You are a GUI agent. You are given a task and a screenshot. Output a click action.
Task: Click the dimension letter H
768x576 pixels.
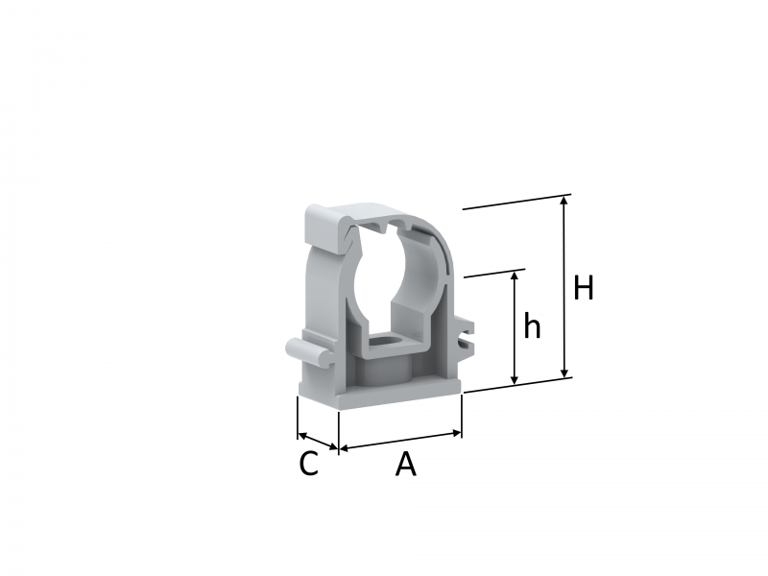pyautogui.click(x=584, y=287)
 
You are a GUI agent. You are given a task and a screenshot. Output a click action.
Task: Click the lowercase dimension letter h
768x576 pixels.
pyautogui.click(x=532, y=324)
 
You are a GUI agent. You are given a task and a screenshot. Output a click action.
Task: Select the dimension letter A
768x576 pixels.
pyautogui.click(x=405, y=464)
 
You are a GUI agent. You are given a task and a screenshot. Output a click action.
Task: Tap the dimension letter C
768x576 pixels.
pyautogui.click(x=308, y=464)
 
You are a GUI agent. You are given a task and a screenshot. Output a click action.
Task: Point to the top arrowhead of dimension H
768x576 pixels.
pyautogui.click(x=564, y=200)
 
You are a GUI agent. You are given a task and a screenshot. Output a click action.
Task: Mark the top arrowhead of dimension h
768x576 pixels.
pyautogui.click(x=515, y=276)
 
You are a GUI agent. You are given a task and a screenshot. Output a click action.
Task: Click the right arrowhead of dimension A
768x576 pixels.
pyautogui.click(x=458, y=433)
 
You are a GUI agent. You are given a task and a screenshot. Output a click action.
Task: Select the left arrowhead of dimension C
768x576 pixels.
pyautogui.click(x=301, y=435)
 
